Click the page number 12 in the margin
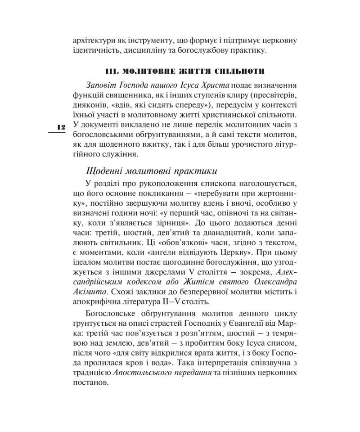59,128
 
